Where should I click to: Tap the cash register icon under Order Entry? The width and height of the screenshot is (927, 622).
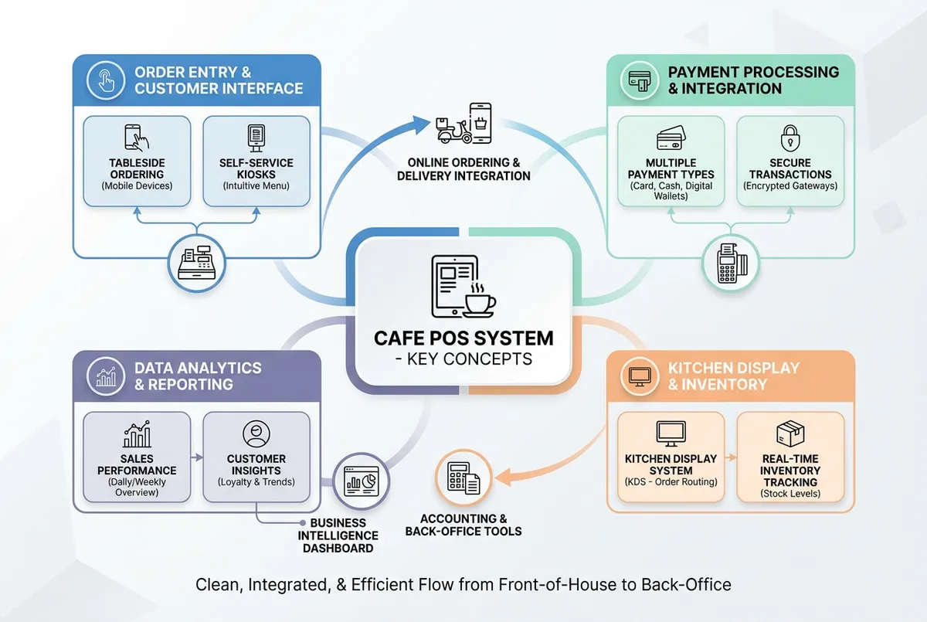(x=196, y=263)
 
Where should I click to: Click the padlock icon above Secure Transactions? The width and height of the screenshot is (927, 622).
(x=789, y=139)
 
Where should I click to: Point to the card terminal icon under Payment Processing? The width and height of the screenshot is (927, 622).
(x=730, y=263)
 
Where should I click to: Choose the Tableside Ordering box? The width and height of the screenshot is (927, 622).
(x=137, y=161)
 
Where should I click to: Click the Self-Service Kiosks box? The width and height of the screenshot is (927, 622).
(x=256, y=161)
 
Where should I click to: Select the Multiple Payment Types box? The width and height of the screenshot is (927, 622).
(x=670, y=161)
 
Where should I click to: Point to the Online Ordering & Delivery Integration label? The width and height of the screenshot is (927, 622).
(x=463, y=169)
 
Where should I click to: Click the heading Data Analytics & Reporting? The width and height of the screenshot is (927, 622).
(x=198, y=376)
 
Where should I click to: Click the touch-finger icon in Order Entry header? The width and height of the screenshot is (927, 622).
(x=106, y=80)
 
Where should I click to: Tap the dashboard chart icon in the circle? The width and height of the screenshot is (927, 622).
(x=360, y=480)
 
